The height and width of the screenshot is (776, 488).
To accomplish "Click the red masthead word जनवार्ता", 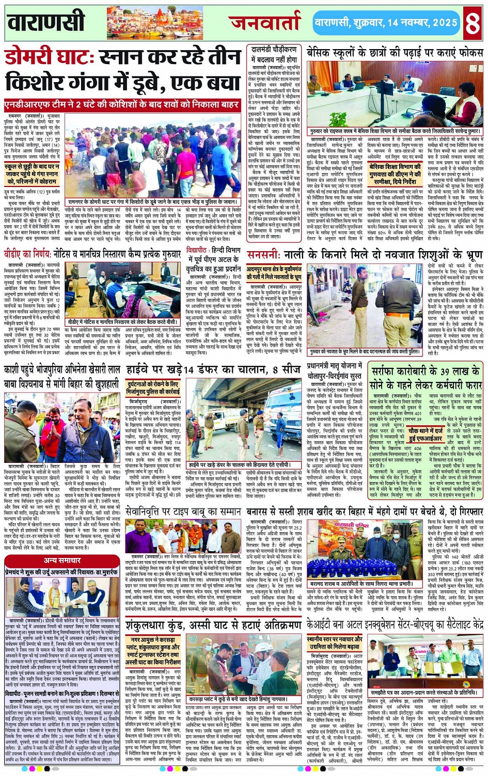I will (264, 23).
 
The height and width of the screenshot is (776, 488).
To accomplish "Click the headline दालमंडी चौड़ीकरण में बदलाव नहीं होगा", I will (274, 54).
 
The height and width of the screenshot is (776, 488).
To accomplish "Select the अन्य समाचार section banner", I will (62, 561).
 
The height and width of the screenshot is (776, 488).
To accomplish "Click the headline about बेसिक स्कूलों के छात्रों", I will (395, 52).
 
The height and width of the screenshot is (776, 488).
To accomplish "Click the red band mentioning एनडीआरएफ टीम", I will (122, 105).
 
